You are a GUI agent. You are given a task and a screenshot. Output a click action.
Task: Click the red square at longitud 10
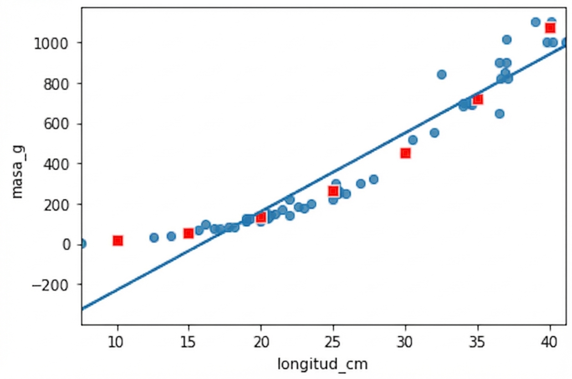[x=118, y=241]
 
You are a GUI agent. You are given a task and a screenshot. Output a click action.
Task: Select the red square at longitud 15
[x=189, y=233]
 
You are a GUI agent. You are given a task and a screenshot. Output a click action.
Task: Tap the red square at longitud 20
[x=261, y=217]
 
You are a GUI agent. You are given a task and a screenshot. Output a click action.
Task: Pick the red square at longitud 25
[x=333, y=191]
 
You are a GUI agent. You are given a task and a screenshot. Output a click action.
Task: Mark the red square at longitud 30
[x=405, y=153]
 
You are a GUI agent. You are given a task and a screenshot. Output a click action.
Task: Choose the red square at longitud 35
[x=478, y=99]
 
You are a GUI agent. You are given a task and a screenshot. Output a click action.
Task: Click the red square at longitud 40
[x=550, y=28]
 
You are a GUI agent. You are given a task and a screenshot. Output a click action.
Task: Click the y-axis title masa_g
[x=17, y=171]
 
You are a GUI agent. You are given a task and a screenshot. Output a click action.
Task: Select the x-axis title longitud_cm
[x=322, y=364]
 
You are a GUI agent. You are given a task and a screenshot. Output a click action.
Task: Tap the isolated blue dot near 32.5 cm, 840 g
[x=441, y=74]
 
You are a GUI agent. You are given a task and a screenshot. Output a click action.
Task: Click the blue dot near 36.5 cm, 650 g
[x=500, y=113]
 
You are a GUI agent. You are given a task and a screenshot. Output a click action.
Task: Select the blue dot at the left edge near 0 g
[x=82, y=244]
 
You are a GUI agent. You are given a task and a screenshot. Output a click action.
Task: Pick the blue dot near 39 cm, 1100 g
[x=536, y=22]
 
